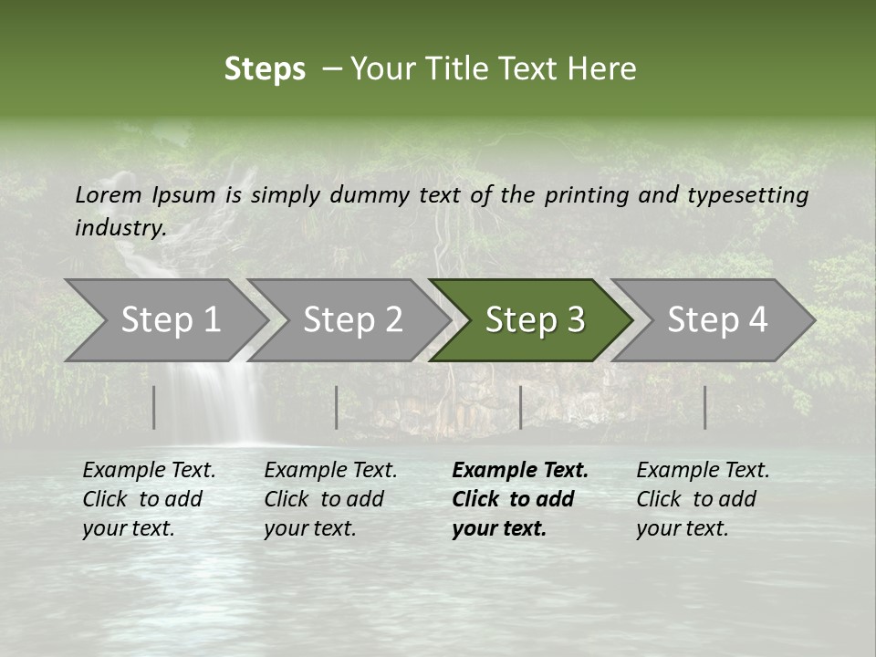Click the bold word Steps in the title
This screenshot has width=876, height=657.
click(x=265, y=69)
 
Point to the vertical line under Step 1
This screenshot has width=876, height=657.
click(x=154, y=407)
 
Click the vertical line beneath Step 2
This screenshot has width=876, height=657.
click(x=337, y=407)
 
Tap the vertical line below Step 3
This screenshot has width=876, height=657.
click(x=520, y=407)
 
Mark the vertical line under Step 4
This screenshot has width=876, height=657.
click(x=704, y=407)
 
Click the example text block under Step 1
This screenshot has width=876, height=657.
click(x=149, y=499)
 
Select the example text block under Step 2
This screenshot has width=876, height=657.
click(x=330, y=499)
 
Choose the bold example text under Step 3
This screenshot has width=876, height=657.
click(x=519, y=499)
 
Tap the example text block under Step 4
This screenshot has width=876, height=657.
click(x=703, y=499)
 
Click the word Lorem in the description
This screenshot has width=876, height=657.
click(x=109, y=195)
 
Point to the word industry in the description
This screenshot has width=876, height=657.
click(x=120, y=228)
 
